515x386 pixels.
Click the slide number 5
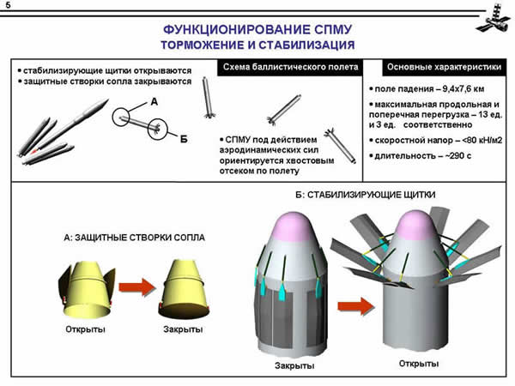click(8, 8)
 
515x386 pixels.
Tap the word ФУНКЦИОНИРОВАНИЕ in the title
click(224, 27)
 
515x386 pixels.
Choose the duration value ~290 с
click(450, 157)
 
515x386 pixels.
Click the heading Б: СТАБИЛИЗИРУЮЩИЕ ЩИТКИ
click(365, 195)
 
